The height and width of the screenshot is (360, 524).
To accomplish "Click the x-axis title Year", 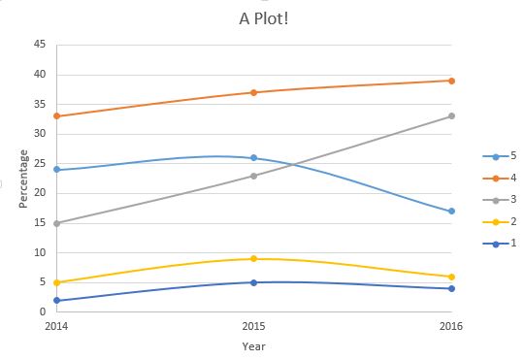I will (x=253, y=345).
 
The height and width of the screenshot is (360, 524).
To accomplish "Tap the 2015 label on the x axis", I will (x=253, y=325).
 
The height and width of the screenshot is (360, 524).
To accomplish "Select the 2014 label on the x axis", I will (x=56, y=325).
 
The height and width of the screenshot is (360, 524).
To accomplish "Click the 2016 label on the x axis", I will (x=451, y=325).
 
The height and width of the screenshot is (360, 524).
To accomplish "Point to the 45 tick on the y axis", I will (x=39, y=45).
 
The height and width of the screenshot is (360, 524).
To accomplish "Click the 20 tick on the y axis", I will (x=39, y=193).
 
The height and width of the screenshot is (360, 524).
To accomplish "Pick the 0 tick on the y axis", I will (x=42, y=312).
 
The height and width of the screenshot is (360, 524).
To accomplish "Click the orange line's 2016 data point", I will (x=451, y=81).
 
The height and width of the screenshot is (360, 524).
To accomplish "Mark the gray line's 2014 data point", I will (x=56, y=223).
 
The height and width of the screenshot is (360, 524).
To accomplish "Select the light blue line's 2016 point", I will (x=451, y=212).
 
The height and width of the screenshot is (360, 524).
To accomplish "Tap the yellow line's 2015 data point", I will (x=253, y=259).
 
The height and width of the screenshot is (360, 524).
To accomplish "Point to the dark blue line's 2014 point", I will (x=56, y=301).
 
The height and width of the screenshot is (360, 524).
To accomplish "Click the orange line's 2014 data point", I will (x=56, y=116).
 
